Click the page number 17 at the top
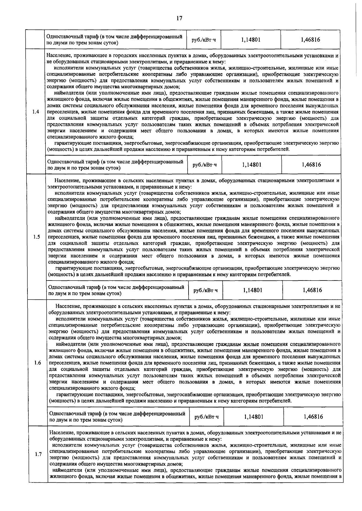pyautogui.click(x=179, y=18)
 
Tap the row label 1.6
pyautogui.click(x=38, y=362)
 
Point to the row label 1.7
pyautogui.click(x=38, y=454)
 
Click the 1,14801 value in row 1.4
pyautogui.click(x=252, y=165)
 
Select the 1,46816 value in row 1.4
pyautogui.click(x=311, y=165)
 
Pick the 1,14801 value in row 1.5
pyautogui.click(x=252, y=290)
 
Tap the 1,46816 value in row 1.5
pyautogui.click(x=312, y=290)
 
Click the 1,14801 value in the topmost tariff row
pyautogui.click(x=251, y=40)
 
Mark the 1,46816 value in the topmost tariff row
pyautogui.click(x=310, y=40)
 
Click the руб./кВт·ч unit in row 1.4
pyautogui.click(x=205, y=165)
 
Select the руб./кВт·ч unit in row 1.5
pyautogui.click(x=205, y=290)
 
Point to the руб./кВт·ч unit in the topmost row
pyautogui.click(x=204, y=40)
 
